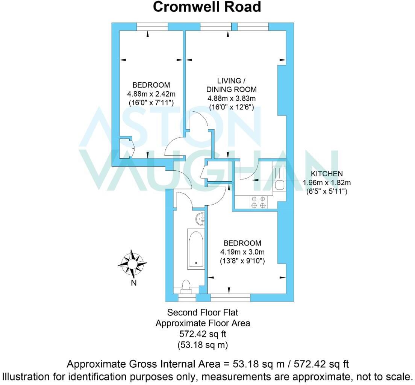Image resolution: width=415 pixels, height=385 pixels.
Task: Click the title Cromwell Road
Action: [207, 7]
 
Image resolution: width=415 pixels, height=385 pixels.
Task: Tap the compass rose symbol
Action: [132, 264]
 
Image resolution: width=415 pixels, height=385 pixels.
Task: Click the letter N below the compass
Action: [133, 283]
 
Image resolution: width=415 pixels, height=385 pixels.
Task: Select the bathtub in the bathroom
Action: [196, 249]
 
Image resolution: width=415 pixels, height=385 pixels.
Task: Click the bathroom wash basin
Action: [201, 218]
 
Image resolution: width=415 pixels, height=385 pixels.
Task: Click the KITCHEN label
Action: [326, 174]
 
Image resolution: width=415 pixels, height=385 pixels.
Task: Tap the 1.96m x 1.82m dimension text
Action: [327, 183]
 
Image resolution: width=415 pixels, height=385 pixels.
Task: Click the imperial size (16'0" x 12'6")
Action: [232, 107]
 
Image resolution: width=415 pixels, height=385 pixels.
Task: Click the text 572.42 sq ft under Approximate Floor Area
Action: [203, 333]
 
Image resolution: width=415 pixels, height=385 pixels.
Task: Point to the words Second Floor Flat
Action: [203, 312]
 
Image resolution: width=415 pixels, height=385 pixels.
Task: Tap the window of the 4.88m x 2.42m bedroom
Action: [152, 26]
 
